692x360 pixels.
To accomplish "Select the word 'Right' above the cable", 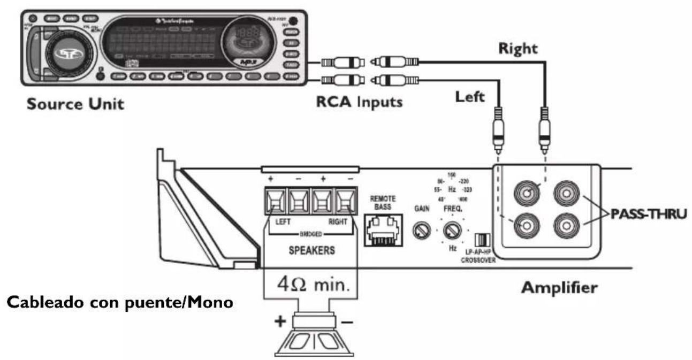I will point(517,48).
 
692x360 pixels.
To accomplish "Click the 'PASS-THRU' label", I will point(648,215).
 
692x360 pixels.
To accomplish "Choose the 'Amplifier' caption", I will point(559,288).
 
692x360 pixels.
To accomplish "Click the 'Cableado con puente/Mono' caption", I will point(120,302).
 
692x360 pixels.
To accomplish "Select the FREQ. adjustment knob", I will point(452,231).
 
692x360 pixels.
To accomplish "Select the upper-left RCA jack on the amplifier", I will point(526,194).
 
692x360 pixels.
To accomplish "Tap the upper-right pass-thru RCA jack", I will point(565,194).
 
